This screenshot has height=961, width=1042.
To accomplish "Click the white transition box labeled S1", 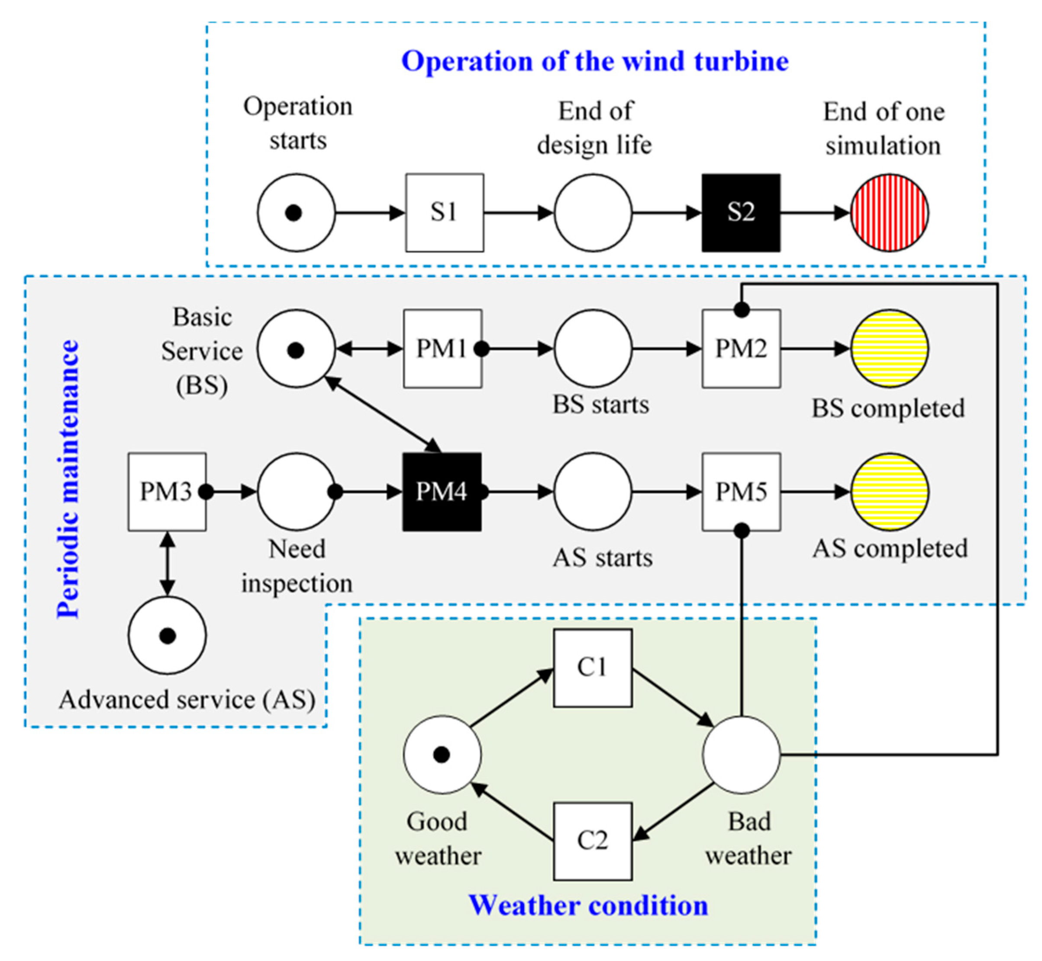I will point(444,212).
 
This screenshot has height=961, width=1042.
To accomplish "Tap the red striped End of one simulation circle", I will point(889,212).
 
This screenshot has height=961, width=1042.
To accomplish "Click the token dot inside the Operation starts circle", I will point(294,213).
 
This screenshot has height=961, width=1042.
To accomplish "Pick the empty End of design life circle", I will point(592,212).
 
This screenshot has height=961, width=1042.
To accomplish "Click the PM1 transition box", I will point(442,348).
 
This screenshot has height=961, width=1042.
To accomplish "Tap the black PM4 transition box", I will point(442,491).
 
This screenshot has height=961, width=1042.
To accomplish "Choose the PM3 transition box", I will point(167,491).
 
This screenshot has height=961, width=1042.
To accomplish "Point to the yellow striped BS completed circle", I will point(889,348).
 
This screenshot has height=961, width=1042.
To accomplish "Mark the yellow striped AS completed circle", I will point(889,491).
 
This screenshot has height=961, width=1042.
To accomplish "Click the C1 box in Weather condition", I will point(592,668).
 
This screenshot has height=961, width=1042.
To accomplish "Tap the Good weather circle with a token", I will point(442,754).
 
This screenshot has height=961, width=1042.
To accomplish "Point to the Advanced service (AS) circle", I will point(167,635).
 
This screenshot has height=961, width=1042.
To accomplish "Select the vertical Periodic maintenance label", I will point(68,478).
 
